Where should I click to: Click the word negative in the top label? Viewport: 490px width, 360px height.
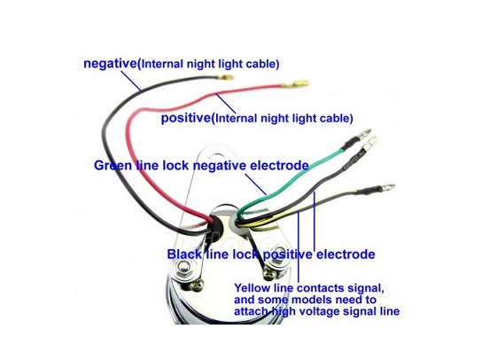(110, 64)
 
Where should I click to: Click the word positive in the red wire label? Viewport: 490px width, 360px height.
(186, 118)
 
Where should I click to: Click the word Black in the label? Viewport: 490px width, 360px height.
(184, 254)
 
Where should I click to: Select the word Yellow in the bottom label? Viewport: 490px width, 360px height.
(253, 288)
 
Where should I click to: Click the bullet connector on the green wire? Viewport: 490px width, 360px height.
(365, 134)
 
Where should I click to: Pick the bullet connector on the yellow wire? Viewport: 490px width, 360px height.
(386, 188)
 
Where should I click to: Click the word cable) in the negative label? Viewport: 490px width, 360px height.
(262, 64)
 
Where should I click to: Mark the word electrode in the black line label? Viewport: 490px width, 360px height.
(346, 254)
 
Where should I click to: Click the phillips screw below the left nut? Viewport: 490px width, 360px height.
(197, 286)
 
